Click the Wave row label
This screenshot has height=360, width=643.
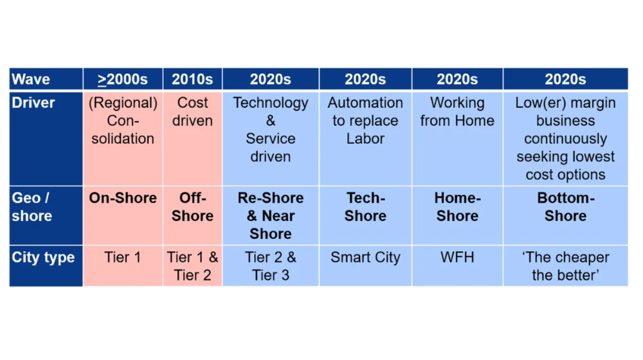point(31,79)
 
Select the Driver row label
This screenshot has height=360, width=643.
point(33,102)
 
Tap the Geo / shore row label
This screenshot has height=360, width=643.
point(32,206)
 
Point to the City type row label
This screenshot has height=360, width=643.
point(43,257)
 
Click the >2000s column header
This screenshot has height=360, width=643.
point(123,79)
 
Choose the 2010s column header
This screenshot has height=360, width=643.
point(192,79)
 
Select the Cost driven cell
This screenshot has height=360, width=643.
point(192,111)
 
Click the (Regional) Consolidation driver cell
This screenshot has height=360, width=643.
point(123,121)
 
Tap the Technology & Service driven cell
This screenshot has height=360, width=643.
point(271,130)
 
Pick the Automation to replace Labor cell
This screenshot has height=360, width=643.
point(365,121)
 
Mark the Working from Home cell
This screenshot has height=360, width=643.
point(457,111)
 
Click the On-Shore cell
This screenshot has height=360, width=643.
point(123,198)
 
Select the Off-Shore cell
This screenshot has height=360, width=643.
point(192,206)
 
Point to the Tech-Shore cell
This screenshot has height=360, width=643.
point(365,206)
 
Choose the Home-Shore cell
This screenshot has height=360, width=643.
point(457,206)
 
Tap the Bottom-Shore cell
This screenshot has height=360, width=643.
point(565,206)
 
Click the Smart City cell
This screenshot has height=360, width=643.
point(365,257)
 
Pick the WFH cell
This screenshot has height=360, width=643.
point(457,257)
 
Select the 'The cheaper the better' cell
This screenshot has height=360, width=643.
point(565,266)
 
